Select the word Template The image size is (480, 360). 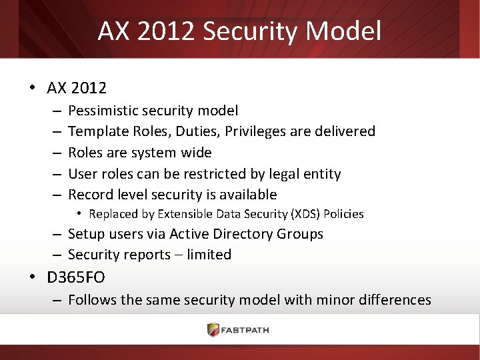(98, 131)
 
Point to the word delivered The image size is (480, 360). (343, 131)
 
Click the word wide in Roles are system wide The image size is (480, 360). (197, 153)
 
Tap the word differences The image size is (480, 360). (395, 300)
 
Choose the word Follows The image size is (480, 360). (91, 300)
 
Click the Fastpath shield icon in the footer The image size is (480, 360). (213, 330)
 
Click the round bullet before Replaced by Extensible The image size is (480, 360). (79, 214)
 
